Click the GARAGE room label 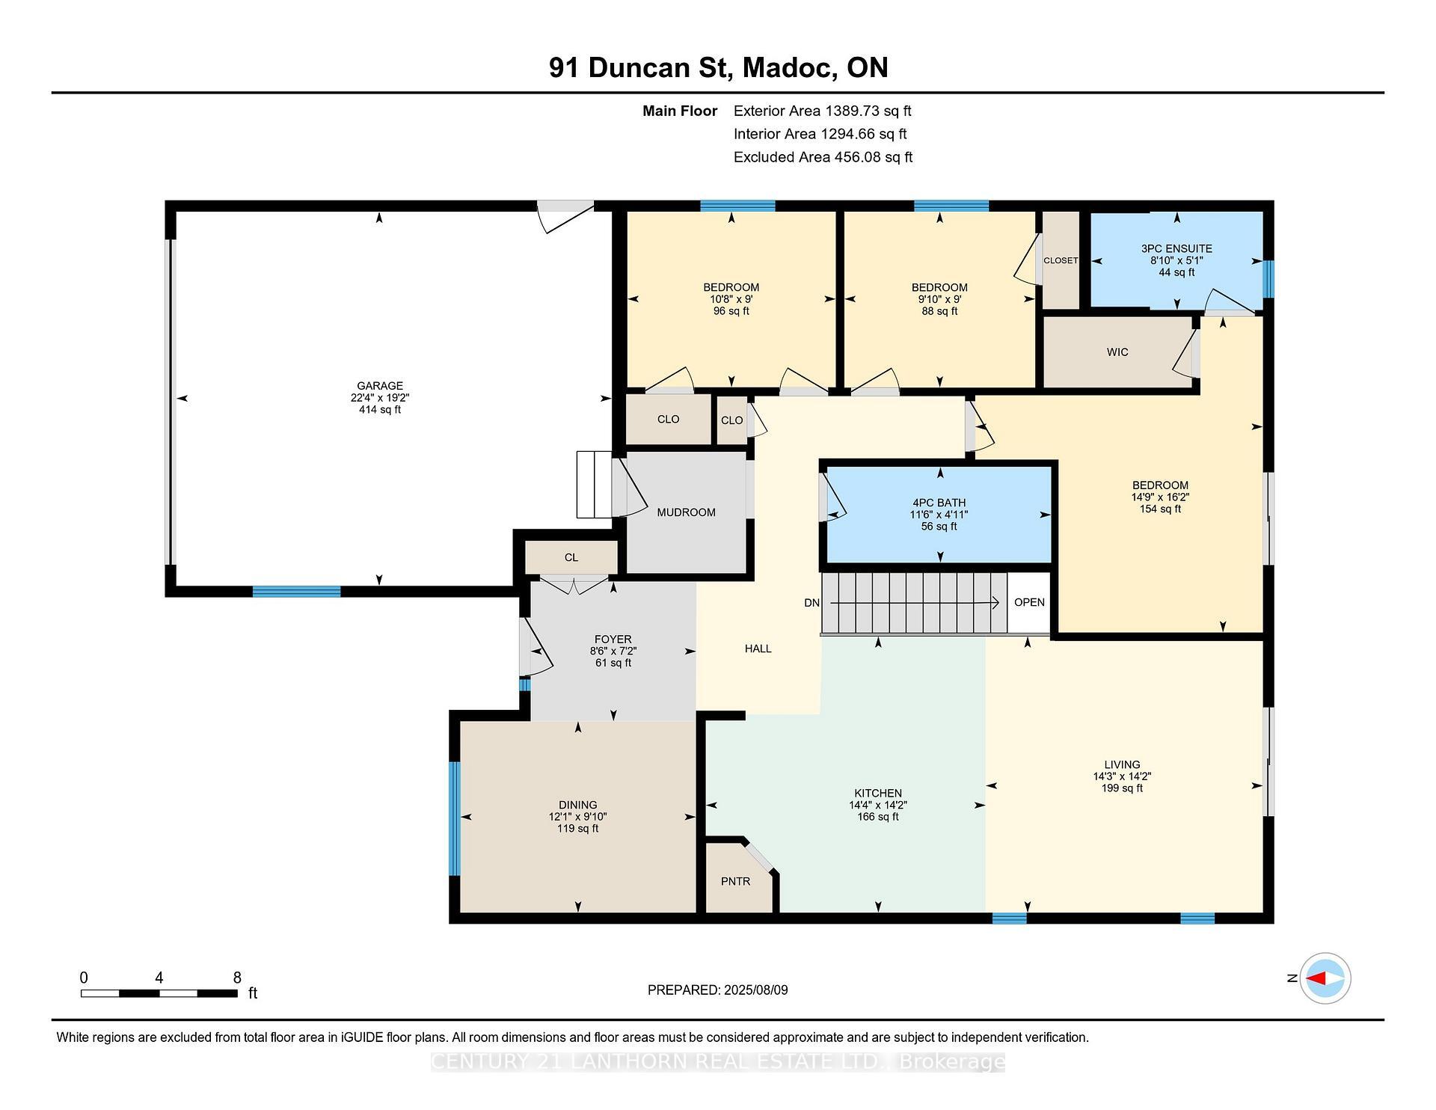(x=379, y=386)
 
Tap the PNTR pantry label (x=735, y=881)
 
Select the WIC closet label (x=1117, y=352)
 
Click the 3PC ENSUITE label (x=1176, y=248)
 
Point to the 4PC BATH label (x=939, y=503)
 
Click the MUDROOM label (x=686, y=512)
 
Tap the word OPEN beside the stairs (x=1029, y=602)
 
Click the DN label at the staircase (x=811, y=603)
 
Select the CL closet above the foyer (x=571, y=557)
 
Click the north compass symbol (x=1325, y=978)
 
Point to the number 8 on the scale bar (x=237, y=978)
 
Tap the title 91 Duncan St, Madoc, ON (x=718, y=67)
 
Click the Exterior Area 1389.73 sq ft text (x=822, y=111)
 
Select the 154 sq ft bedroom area (x=1160, y=509)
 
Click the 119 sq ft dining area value (x=577, y=829)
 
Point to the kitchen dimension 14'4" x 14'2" (x=878, y=805)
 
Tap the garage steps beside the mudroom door (x=595, y=485)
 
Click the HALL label (x=758, y=648)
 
